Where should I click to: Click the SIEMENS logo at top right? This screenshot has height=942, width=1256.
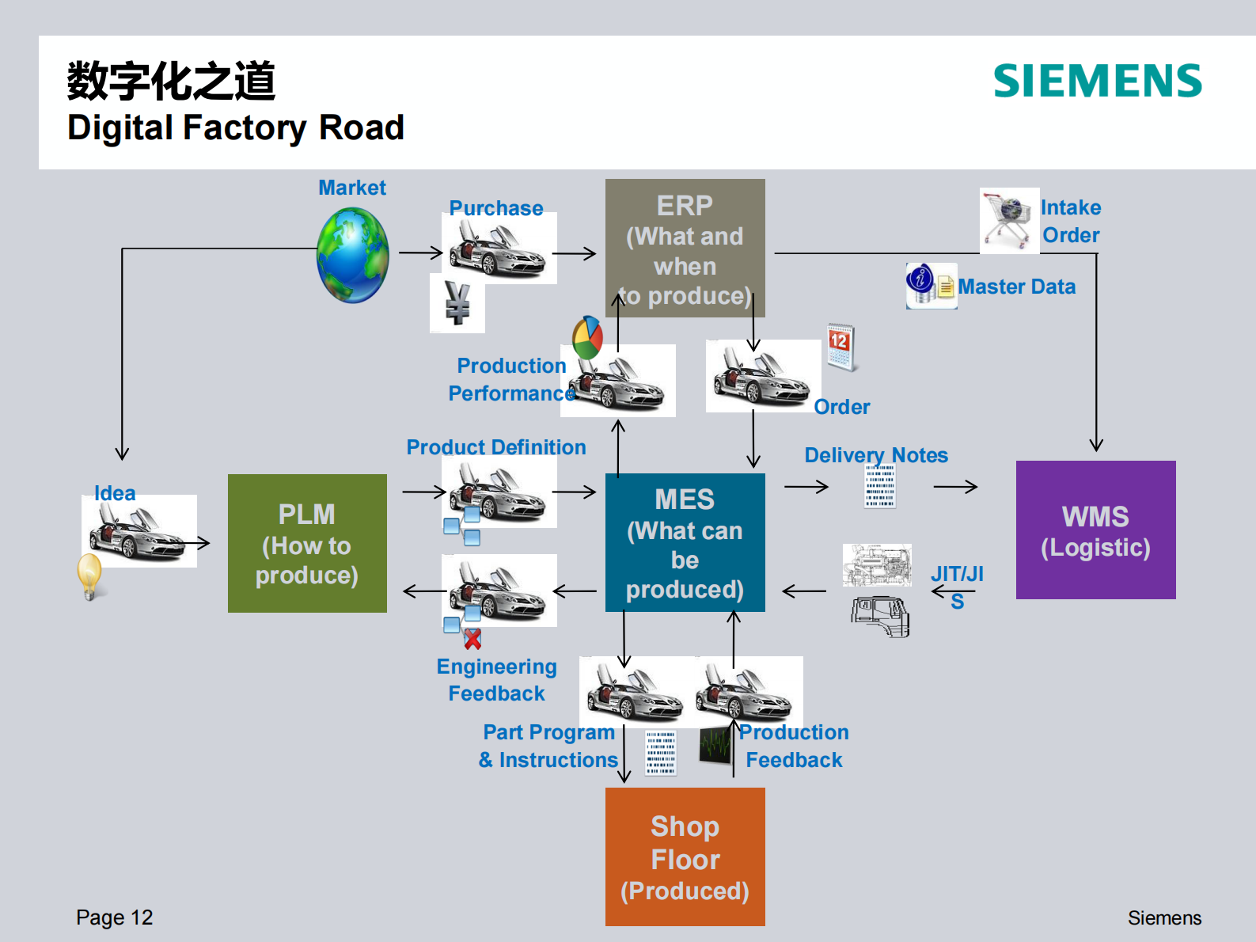click(1097, 81)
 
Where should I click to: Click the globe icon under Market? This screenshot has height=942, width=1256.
click(353, 255)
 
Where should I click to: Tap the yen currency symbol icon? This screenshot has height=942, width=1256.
click(457, 303)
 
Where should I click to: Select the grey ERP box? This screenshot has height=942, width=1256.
click(685, 248)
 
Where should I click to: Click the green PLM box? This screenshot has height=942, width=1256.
click(307, 543)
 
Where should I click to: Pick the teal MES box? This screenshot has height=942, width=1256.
click(685, 542)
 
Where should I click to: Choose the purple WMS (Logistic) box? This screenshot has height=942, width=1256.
click(1095, 530)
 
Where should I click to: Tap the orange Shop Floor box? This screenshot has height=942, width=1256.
click(685, 857)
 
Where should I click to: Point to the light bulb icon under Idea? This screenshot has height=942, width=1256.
click(89, 575)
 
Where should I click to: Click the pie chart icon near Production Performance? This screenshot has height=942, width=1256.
click(588, 338)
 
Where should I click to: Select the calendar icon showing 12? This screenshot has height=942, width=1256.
click(840, 347)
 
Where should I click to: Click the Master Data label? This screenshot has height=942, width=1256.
click(1016, 287)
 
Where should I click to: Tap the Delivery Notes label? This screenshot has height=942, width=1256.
click(875, 455)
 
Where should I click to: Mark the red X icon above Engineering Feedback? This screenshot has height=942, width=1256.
click(472, 638)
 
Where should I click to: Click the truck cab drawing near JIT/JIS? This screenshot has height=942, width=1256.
click(881, 617)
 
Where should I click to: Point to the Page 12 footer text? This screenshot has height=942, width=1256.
click(114, 917)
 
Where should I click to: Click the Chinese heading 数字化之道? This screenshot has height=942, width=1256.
click(171, 81)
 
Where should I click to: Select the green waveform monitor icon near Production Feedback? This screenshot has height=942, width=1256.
click(715, 745)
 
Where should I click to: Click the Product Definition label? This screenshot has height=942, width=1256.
click(495, 447)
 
